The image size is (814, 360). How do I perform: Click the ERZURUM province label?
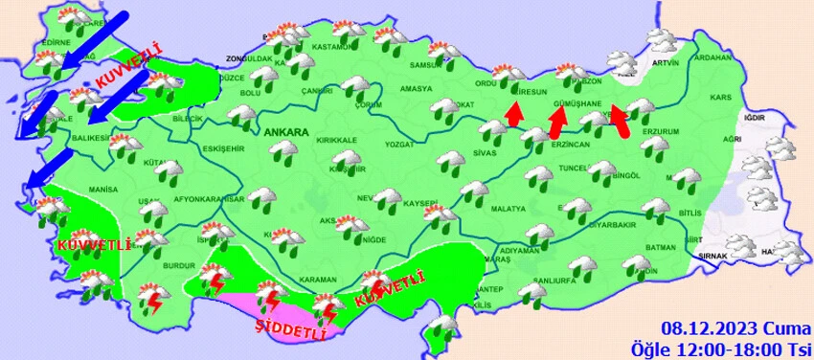(661, 131)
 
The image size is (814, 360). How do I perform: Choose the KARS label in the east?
(721, 99)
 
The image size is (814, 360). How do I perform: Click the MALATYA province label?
(509, 209)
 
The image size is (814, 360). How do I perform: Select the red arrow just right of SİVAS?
(514, 114)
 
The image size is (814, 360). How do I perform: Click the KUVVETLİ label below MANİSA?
(94, 245)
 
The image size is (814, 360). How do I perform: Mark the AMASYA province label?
(417, 89)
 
